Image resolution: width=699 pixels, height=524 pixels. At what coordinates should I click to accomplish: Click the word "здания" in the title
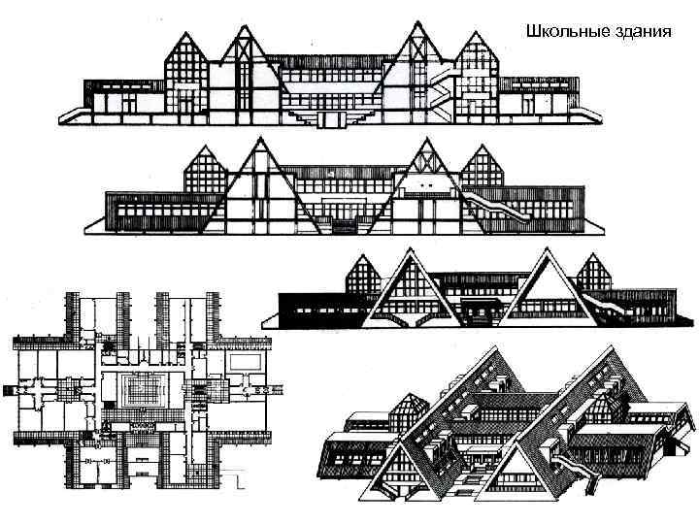[643, 30]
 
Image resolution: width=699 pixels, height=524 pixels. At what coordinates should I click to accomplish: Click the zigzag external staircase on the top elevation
[443, 90]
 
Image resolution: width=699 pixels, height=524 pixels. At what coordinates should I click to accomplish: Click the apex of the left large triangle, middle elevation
[259, 141]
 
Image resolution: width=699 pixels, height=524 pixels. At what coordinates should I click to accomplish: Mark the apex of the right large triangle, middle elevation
[423, 141]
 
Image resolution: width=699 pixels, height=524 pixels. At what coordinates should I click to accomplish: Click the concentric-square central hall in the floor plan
[143, 392]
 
